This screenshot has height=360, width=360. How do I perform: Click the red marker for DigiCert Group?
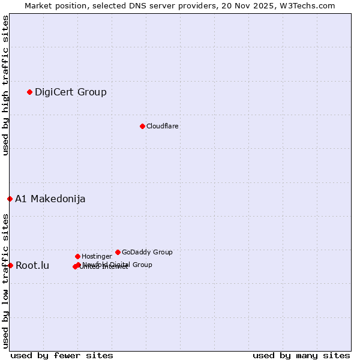(x=29, y=92)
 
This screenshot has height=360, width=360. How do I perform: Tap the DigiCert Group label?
(x=71, y=92)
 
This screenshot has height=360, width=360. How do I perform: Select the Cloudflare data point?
(x=142, y=126)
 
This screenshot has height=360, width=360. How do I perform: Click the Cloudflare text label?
(x=163, y=126)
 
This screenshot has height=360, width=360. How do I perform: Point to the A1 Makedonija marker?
(x=10, y=199)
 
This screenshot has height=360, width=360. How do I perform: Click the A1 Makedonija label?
(x=50, y=199)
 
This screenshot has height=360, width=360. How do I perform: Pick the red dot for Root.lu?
(x=10, y=265)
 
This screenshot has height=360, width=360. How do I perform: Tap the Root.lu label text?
(x=32, y=265)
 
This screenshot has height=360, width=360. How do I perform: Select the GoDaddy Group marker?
(x=118, y=252)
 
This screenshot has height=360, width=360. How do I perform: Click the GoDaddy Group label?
(x=147, y=252)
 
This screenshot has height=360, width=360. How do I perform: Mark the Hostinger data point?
(x=77, y=256)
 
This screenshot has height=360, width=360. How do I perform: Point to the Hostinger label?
(x=97, y=256)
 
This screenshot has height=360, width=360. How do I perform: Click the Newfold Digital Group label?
(x=118, y=264)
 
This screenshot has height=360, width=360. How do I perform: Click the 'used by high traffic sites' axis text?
(x=5, y=85)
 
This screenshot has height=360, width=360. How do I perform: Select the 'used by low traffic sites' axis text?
(x=5, y=280)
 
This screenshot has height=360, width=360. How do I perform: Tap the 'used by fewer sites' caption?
(x=62, y=355)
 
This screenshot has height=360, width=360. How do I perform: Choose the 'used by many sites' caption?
(x=301, y=355)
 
